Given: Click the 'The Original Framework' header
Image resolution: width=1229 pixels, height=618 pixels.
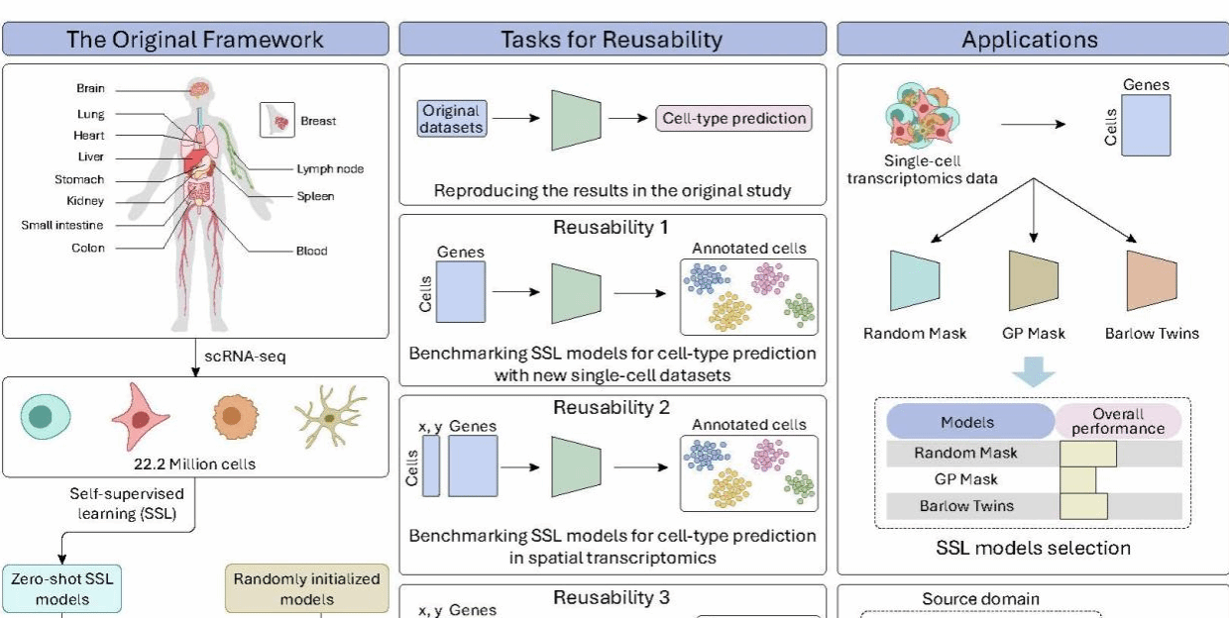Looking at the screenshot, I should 195,40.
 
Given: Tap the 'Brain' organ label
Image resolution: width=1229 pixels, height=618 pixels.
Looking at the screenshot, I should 90,89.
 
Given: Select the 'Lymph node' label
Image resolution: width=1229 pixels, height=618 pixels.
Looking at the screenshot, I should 330,168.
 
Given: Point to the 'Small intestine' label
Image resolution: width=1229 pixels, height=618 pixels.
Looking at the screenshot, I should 62,225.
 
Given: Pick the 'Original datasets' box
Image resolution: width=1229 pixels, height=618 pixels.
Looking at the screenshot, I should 451,119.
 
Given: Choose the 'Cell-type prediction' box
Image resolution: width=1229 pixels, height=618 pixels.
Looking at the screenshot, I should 733,119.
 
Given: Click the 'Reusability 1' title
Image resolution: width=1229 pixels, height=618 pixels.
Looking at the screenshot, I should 611,228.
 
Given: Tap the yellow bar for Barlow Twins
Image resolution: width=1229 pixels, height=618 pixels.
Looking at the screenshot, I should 1083,506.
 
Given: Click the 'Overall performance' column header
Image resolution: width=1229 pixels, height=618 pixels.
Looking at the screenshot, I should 1117,421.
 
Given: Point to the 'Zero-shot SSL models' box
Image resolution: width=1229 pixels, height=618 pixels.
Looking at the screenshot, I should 62,588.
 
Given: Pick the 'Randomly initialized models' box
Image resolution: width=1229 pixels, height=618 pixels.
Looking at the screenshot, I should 306,588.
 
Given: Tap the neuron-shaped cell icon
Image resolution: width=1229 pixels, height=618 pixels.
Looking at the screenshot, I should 329,416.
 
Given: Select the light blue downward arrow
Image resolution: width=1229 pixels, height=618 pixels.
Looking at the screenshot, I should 1034,372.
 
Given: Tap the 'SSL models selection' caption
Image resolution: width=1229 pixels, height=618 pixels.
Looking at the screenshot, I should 1034,547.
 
